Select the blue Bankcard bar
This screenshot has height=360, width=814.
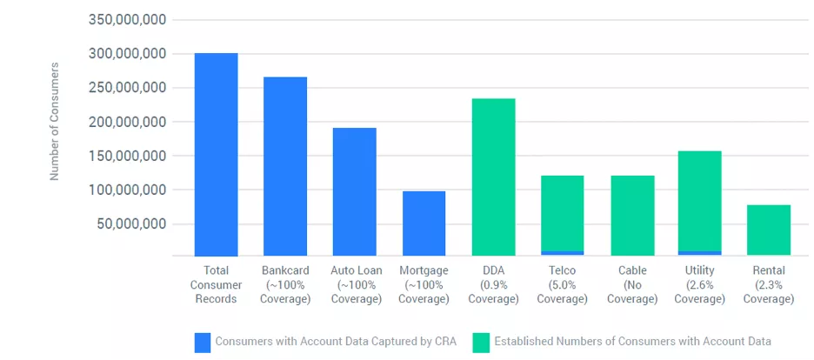[285, 166]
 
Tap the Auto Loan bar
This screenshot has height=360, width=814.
[354, 191]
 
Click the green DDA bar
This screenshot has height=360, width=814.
[493, 177]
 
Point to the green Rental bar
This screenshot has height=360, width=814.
[769, 230]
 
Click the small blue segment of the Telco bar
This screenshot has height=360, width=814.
[562, 253]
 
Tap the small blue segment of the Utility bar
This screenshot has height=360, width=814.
[700, 253]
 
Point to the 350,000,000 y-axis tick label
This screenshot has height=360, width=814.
[128, 19]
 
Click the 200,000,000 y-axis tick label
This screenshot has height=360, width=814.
[128, 122]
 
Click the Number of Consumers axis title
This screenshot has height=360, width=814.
[54, 121]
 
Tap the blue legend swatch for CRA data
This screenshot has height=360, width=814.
[202, 342]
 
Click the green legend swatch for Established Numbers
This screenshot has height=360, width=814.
[481, 342]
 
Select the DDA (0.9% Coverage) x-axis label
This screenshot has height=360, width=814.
[493, 285]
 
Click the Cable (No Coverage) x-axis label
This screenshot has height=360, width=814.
[632, 285]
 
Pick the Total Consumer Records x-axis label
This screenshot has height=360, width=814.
[216, 285]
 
